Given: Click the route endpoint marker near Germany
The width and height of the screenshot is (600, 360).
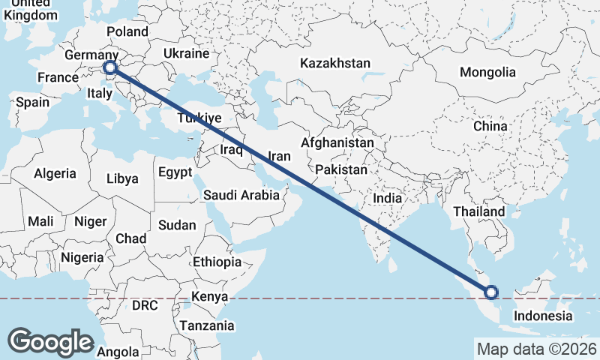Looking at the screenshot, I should point(111,68).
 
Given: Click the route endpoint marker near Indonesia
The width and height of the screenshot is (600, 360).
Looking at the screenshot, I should point(492,292).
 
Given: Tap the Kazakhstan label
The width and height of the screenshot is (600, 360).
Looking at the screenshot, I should point(335,64).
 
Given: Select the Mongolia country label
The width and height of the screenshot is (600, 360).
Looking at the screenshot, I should point(488,72).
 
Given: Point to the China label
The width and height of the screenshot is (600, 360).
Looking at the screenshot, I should point(490,126).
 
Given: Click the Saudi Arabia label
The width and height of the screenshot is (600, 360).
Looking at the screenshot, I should point(241,196).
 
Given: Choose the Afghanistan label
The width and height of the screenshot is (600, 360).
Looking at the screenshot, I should point(337,142).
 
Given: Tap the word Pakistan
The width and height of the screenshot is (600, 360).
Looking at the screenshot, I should point(341,170).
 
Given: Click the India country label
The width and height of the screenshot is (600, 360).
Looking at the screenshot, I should point(388,199).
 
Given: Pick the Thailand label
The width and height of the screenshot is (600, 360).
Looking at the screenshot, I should point(478,212).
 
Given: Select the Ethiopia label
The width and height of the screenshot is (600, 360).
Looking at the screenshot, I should point(217,262).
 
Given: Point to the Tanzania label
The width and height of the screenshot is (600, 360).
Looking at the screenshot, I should point(206,326).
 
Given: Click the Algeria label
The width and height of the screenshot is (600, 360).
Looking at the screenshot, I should point(55,173).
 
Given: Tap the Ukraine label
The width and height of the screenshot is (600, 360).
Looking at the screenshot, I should point(186,54).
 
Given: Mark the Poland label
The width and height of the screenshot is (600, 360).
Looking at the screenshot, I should point(127,31).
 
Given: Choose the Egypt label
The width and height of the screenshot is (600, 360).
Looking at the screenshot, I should point(175,172).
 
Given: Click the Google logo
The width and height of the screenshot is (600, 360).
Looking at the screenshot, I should point(50,341).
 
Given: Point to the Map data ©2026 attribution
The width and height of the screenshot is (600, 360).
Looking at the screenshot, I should point(537,349).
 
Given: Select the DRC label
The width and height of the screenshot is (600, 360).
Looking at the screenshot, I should point(145,306).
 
